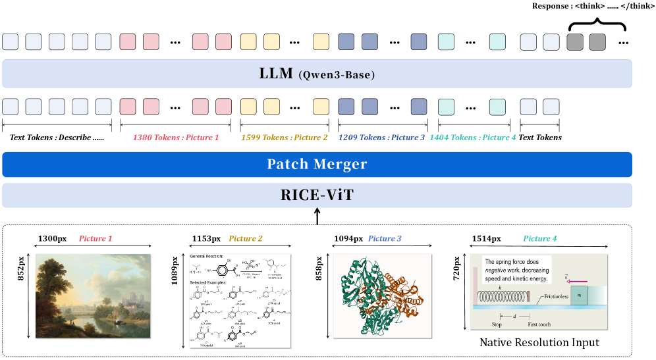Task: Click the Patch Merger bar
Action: click(317, 165)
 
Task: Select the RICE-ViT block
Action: click(317, 195)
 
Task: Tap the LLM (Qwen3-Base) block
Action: click(317, 74)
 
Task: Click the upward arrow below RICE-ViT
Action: click(317, 215)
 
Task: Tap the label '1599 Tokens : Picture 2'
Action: click(285, 138)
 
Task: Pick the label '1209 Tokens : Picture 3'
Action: click(381, 138)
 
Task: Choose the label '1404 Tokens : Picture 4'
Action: click(472, 138)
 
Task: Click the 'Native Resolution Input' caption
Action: click(539, 342)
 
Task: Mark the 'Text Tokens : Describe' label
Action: click(56, 138)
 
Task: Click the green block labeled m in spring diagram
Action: click(579, 296)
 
